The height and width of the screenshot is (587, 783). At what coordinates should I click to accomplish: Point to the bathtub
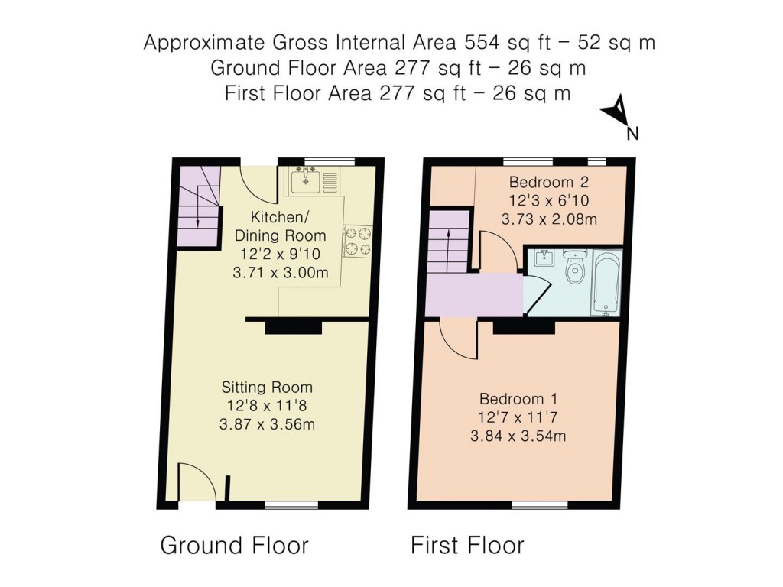[606, 282]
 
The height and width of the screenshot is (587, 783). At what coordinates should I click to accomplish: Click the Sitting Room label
[267, 388]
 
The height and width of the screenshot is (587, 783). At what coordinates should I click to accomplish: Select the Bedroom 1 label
[518, 399]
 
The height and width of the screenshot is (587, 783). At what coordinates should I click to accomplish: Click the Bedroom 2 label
[549, 183]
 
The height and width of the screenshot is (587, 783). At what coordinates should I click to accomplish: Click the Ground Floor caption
[234, 546]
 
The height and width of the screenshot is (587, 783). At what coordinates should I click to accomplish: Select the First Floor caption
[467, 546]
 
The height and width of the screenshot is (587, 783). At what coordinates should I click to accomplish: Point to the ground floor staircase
[198, 206]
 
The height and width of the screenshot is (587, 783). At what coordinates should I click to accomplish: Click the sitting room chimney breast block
[294, 327]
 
